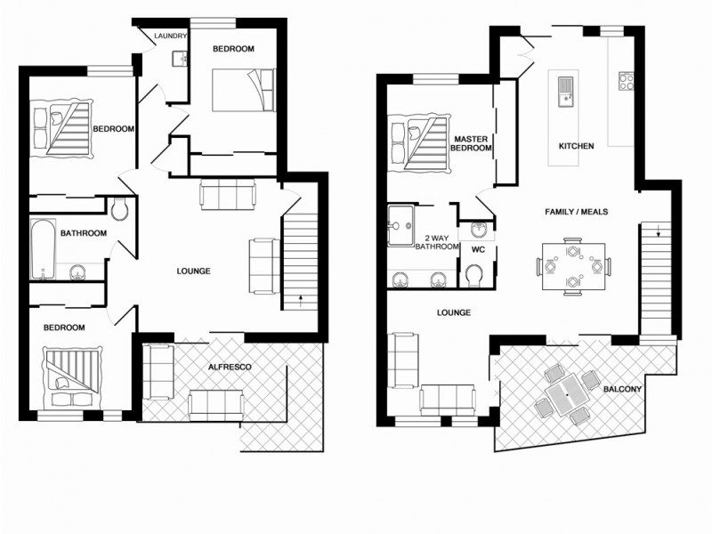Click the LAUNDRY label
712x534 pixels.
(x=170, y=36)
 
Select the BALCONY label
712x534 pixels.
(x=622, y=389)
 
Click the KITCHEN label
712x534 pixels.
(x=575, y=146)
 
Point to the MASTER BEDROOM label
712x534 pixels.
(x=473, y=144)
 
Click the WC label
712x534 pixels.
(x=477, y=250)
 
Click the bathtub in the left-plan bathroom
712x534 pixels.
(x=41, y=249)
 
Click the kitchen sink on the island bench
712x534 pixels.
(x=564, y=90)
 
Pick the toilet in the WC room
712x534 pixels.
(x=475, y=279)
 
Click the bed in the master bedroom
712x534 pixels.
(x=419, y=143)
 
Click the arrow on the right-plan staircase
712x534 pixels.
(x=658, y=234)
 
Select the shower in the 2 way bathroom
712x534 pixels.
(x=401, y=226)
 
